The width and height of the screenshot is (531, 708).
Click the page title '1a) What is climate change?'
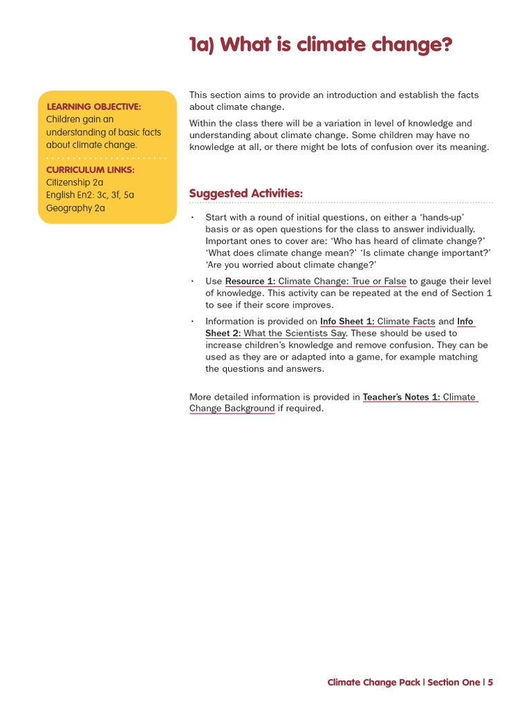321,46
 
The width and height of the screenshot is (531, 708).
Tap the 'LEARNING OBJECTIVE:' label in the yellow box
93,106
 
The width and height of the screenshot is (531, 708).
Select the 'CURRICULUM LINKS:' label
90,169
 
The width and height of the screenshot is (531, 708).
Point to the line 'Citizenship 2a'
75,183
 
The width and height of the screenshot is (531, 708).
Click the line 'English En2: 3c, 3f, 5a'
90,195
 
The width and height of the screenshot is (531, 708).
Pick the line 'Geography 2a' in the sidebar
75,208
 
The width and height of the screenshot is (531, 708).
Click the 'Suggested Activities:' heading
245,194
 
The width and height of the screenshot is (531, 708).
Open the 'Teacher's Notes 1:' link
401,397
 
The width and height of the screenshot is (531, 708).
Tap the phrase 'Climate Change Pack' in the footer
373,682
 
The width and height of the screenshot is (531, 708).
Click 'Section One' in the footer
454,682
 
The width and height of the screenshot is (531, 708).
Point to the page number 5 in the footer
490,682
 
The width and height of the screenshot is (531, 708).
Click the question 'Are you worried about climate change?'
290,265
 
